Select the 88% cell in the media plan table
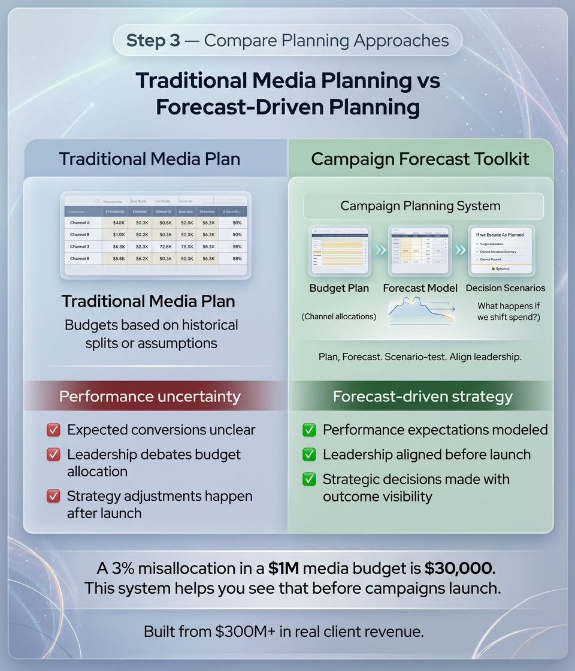point(237,258)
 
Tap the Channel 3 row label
point(80,246)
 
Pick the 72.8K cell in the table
point(163,246)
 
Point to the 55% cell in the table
point(237,246)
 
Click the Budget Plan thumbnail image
point(339,250)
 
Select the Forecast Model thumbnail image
point(419,250)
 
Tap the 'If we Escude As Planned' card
point(501,250)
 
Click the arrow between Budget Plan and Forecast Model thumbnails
point(380,250)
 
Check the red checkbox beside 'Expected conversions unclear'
point(53,430)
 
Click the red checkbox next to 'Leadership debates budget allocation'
point(53,455)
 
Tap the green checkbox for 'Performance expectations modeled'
point(309,430)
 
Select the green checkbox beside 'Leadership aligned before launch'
point(309,455)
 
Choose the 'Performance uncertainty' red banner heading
point(150,396)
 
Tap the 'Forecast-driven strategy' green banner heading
point(422,396)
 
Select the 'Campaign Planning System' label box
point(420,206)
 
